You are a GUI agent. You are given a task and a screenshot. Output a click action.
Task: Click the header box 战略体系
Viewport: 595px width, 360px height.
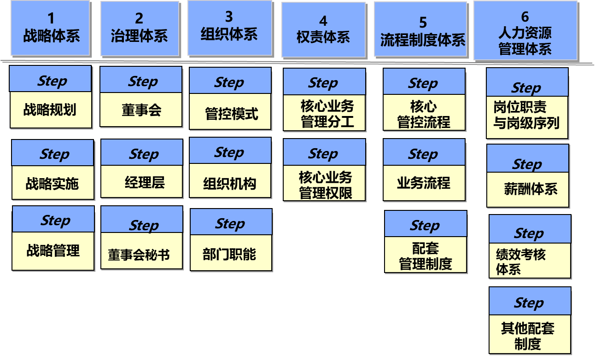[x=51, y=28]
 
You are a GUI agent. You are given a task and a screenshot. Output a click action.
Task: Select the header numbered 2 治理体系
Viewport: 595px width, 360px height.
[x=139, y=28]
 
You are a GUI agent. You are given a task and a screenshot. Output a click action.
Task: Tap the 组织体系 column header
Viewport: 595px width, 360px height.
[x=229, y=27]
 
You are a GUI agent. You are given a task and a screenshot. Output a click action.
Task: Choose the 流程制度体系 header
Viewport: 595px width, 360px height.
[x=422, y=30]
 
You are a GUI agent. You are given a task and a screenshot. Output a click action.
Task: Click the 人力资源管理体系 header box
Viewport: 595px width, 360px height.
[x=525, y=30]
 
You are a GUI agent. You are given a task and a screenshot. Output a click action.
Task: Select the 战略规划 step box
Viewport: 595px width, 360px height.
[x=51, y=110]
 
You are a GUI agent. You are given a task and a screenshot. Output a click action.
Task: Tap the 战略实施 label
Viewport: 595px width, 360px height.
[x=52, y=183]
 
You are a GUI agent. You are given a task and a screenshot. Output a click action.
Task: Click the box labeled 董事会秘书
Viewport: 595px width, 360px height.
[x=141, y=254]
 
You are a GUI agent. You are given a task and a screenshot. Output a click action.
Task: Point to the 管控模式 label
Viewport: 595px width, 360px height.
[x=232, y=114]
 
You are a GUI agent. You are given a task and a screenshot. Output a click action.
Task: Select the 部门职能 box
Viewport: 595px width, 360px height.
[x=229, y=254]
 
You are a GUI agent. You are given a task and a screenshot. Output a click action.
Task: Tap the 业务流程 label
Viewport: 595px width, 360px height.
[x=423, y=183]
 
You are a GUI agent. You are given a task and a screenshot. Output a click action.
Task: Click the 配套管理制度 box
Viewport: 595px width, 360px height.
[x=426, y=256]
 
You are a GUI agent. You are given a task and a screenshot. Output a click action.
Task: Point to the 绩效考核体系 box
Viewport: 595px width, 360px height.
[x=530, y=261]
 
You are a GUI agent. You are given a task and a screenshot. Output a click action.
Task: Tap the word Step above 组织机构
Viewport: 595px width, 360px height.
[x=229, y=152]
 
